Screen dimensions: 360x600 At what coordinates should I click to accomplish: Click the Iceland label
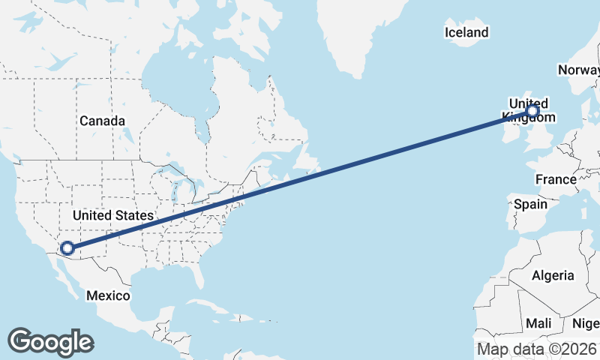pos(466,32)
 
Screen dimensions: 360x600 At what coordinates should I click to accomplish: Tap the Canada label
pos(102,121)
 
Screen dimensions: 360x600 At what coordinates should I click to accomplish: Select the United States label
pos(112,215)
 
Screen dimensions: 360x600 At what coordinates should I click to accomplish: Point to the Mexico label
pos(107,295)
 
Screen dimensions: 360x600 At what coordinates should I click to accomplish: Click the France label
pos(556,179)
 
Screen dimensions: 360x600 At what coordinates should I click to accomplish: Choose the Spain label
pos(530,204)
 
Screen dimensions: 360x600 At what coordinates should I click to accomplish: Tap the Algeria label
pos(553,275)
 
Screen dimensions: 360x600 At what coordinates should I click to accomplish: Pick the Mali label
pos(538,323)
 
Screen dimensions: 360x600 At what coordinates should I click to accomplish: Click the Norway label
pos(578,70)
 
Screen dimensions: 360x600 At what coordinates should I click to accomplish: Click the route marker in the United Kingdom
pos(532,112)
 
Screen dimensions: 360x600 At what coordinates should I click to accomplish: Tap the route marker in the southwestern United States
pos(67,247)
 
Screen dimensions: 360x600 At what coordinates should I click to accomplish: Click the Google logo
pos(50,341)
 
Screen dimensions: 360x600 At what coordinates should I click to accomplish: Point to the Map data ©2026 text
pos(537,349)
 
